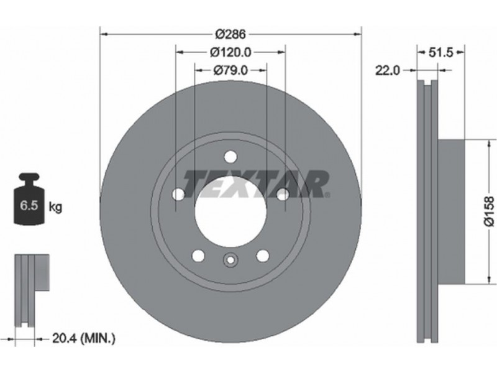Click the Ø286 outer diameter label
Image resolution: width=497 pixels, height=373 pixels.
click(230, 34)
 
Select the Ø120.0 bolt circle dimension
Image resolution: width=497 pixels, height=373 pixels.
click(230, 52)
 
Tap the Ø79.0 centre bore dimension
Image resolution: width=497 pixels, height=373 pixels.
click(230, 70)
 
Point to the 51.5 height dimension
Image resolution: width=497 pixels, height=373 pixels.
click(441, 53)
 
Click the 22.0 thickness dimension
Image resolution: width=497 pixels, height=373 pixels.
click(388, 70)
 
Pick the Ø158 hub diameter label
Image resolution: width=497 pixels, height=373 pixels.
click(489, 211)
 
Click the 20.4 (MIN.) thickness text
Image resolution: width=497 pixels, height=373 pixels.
click(84, 339)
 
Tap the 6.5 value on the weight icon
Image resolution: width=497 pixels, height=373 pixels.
click(29, 206)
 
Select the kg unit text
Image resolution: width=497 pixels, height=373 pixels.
click(55, 208)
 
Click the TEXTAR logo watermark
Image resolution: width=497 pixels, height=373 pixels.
click(255, 183)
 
